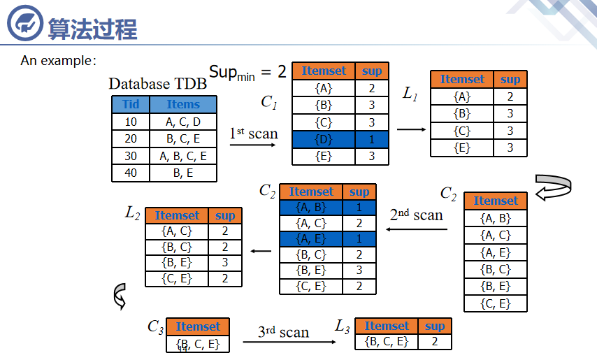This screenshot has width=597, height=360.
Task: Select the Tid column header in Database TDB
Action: point(131,105)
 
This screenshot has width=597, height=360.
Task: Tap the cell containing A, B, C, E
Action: point(183,156)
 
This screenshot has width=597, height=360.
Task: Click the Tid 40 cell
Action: point(131,173)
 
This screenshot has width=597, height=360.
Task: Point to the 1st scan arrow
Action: point(253,145)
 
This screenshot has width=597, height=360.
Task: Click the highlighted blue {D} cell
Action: point(324,139)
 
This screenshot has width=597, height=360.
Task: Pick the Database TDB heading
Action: point(158,84)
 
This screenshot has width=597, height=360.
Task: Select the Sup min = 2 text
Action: point(247,71)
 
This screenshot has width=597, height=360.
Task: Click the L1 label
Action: point(410,94)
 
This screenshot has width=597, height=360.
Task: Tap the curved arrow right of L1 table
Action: point(554,187)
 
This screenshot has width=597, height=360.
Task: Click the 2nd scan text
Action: point(417,215)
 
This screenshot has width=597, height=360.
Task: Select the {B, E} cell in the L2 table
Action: point(177,263)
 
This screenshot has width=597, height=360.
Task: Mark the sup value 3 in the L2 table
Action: point(225,263)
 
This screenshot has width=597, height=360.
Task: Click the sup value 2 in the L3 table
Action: point(434,342)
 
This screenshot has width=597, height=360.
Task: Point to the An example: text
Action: point(58,61)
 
